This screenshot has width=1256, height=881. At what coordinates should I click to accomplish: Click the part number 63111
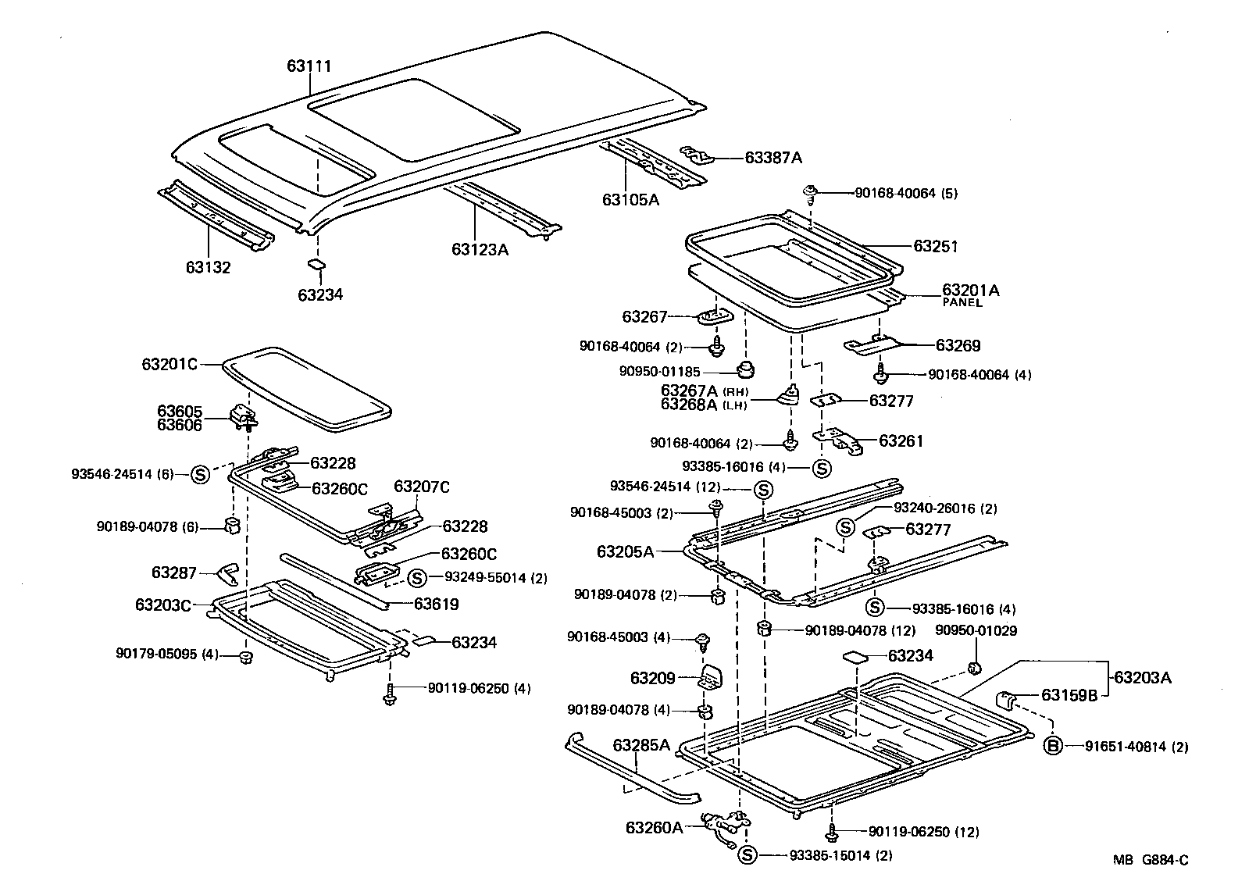tap(309, 66)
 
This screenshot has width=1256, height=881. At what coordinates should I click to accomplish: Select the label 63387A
tap(773, 158)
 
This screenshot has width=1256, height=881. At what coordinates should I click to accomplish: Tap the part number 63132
tap(208, 268)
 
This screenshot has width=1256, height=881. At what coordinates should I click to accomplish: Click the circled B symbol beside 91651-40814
tap(1052, 747)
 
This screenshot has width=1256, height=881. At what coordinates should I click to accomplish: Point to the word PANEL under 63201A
tap(962, 303)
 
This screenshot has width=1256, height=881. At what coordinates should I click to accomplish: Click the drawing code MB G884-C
tap(1151, 860)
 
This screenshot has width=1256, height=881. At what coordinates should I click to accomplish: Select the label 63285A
tap(641, 745)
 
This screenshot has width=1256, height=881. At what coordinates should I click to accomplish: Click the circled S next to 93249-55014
tap(416, 578)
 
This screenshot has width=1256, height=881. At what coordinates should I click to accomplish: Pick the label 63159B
tap(1069, 695)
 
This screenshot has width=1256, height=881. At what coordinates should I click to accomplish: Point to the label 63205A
tap(626, 552)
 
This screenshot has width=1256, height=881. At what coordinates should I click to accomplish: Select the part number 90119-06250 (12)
tap(912, 832)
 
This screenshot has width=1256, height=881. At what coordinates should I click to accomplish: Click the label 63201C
tap(169, 364)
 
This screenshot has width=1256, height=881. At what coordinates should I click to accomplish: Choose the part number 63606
tap(179, 425)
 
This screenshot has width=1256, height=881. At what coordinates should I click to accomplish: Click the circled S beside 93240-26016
tap(845, 527)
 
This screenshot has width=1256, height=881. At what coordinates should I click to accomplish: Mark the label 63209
tap(652, 679)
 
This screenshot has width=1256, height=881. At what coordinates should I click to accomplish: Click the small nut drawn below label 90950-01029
tap(974, 666)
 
